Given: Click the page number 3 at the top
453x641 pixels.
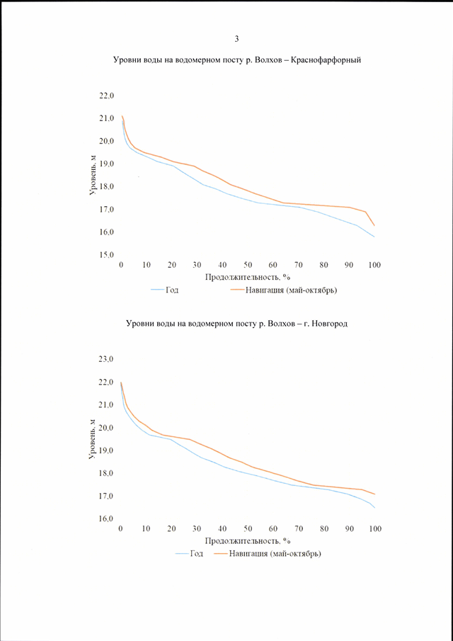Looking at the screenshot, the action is coord(236,39).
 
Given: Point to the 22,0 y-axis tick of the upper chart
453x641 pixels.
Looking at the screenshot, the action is coord(108,96).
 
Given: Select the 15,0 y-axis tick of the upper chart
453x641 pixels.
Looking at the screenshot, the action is coord(108,255).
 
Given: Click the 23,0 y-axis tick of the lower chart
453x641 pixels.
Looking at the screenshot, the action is coord(108,359).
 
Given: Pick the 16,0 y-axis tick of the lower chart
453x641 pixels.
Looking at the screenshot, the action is coord(108,518).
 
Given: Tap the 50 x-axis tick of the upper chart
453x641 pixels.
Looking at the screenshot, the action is coord(248,265).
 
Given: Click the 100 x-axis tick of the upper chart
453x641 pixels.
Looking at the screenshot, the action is coord(374,265).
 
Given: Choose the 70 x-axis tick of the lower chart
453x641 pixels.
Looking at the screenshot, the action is coord(299,528).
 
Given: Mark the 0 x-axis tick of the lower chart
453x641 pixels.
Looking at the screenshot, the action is coord(120,528).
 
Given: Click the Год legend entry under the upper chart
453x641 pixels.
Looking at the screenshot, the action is coord(165,290).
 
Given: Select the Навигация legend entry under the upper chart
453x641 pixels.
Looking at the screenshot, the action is coord(284,291).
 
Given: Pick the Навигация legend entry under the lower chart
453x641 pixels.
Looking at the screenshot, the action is coord(268,555).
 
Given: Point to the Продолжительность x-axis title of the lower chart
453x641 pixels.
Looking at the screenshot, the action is coord(247,541).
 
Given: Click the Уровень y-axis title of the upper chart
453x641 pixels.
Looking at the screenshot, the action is coord(93,175).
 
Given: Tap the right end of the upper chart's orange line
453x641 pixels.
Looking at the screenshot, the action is coord(374,226).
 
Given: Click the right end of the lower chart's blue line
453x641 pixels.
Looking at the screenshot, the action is coord(374,508).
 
